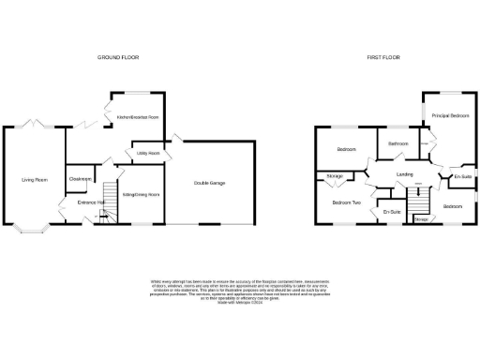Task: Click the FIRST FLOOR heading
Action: tap(383, 57)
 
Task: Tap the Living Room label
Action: tap(35, 179)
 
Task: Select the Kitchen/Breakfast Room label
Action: tap(138, 117)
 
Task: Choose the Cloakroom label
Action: tap(80, 178)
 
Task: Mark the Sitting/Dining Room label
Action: tap(142, 194)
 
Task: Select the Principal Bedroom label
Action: tap(451, 115)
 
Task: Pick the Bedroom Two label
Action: tap(347, 202)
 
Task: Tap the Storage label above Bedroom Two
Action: tap(334, 176)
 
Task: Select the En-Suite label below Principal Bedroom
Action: tap(462, 176)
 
